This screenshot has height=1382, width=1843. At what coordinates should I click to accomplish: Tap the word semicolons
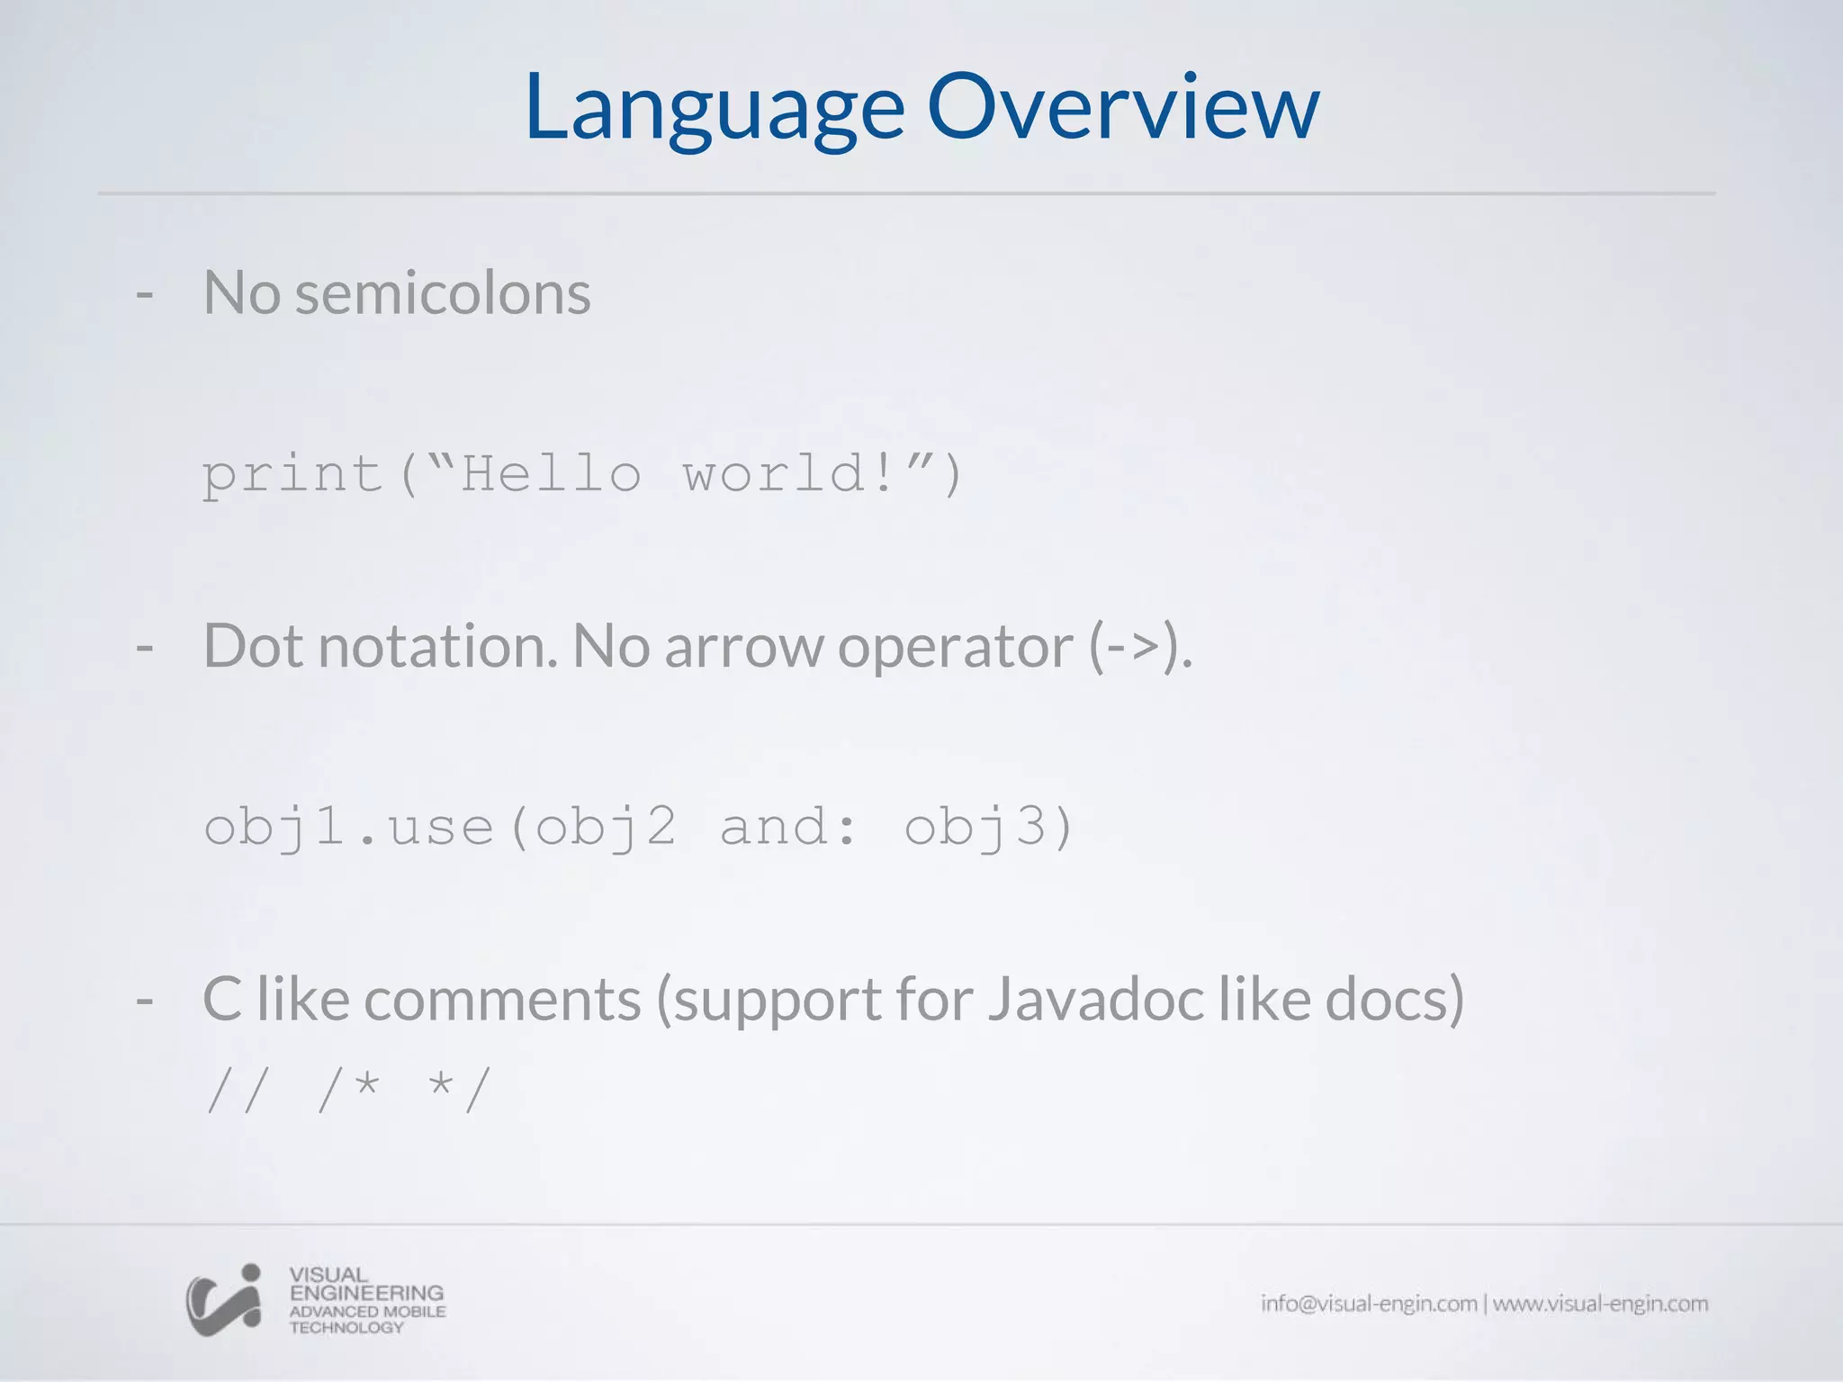(x=443, y=293)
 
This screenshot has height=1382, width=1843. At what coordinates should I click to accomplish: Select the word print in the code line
(x=292, y=474)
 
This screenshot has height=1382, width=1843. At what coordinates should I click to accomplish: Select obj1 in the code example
(x=274, y=827)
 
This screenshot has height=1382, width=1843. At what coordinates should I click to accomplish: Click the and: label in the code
(x=788, y=827)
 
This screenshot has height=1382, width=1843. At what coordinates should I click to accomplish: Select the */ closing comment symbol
(x=459, y=1090)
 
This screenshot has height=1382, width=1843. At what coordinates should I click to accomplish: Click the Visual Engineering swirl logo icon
(x=224, y=1299)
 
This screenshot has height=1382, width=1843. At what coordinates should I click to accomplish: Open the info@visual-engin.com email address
(x=1368, y=1304)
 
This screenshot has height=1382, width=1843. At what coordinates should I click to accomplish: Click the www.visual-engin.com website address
(x=1600, y=1304)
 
